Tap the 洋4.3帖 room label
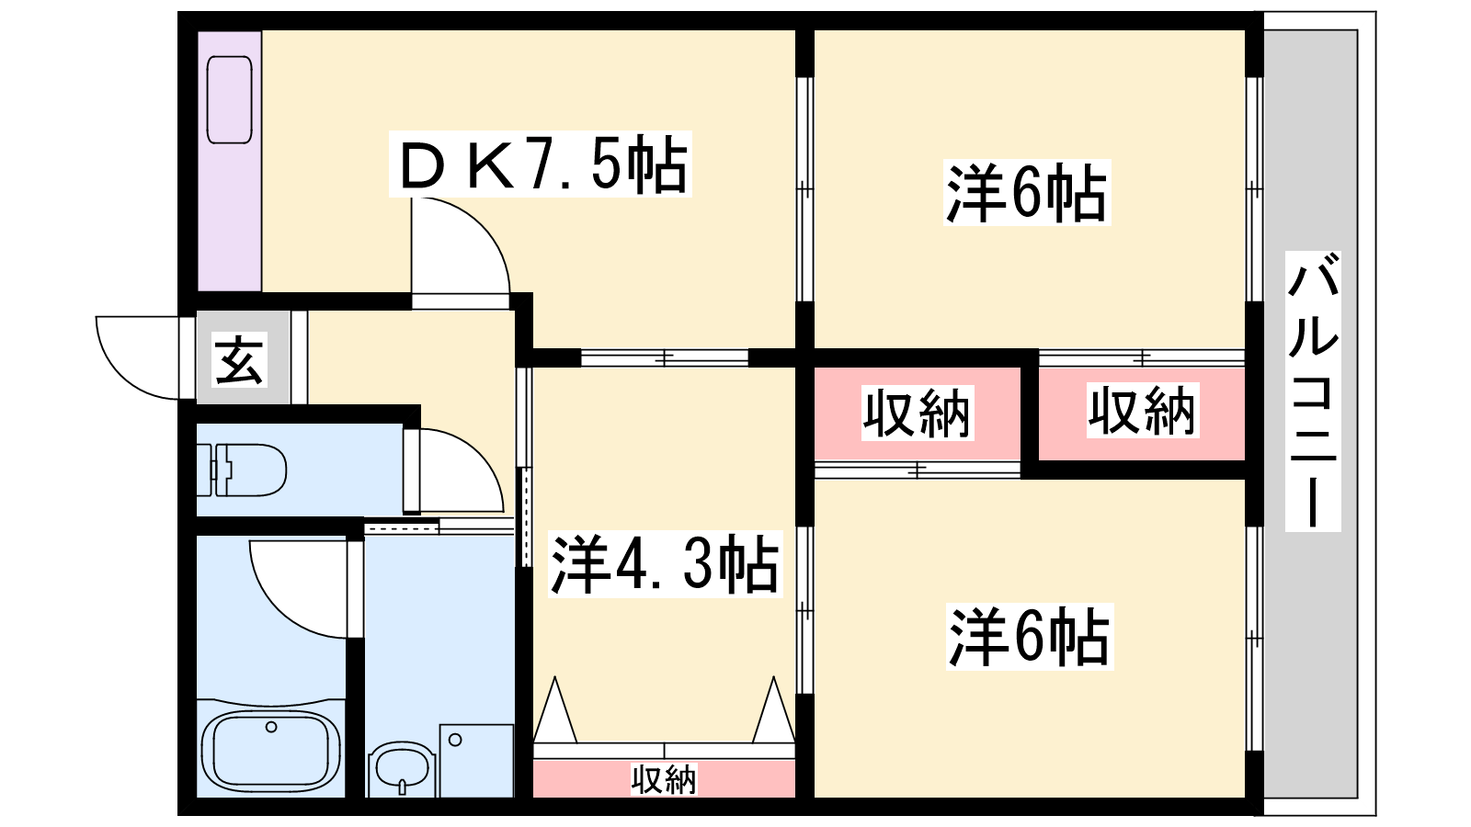pos(665,564)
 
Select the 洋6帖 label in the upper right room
pos(1026,193)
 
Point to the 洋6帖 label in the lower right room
pos(1029,638)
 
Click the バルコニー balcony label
pos(1312,391)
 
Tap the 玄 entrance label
pos(240,359)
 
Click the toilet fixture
pos(242,470)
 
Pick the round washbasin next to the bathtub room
pos(402,769)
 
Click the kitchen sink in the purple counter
pos(229,100)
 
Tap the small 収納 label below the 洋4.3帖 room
pos(663,779)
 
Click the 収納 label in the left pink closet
pos(917,413)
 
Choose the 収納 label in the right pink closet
pos(1143,411)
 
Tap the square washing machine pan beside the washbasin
pos(477,761)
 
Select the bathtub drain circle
pos(271,727)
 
